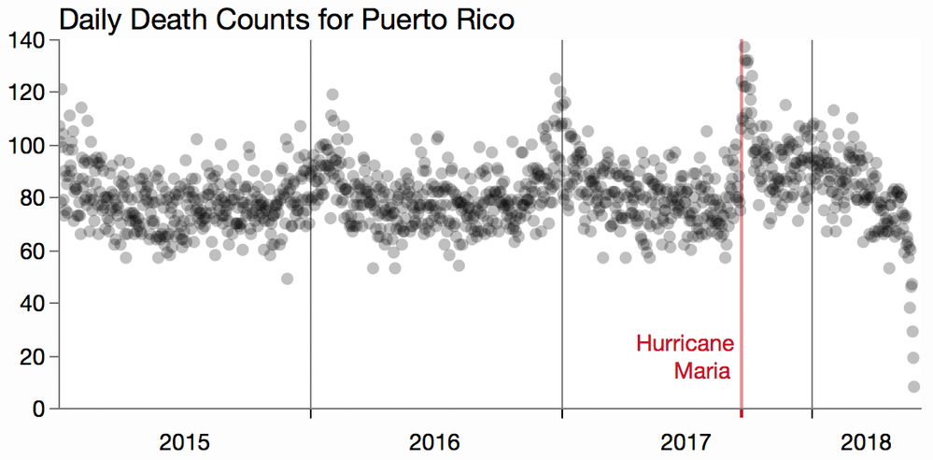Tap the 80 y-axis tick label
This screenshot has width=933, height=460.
pos(35,198)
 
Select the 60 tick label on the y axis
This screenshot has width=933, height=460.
pos(35,251)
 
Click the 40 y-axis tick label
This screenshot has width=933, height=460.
pos(35,304)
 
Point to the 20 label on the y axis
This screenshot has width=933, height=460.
pos(35,356)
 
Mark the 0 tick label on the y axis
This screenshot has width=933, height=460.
pos(40,409)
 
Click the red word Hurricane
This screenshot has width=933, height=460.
pos(685,344)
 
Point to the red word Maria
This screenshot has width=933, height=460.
pos(702,370)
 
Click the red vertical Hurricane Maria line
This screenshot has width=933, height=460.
pos(742,280)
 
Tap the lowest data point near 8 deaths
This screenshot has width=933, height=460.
pos(913,387)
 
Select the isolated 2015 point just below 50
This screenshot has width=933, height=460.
pos(287,279)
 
